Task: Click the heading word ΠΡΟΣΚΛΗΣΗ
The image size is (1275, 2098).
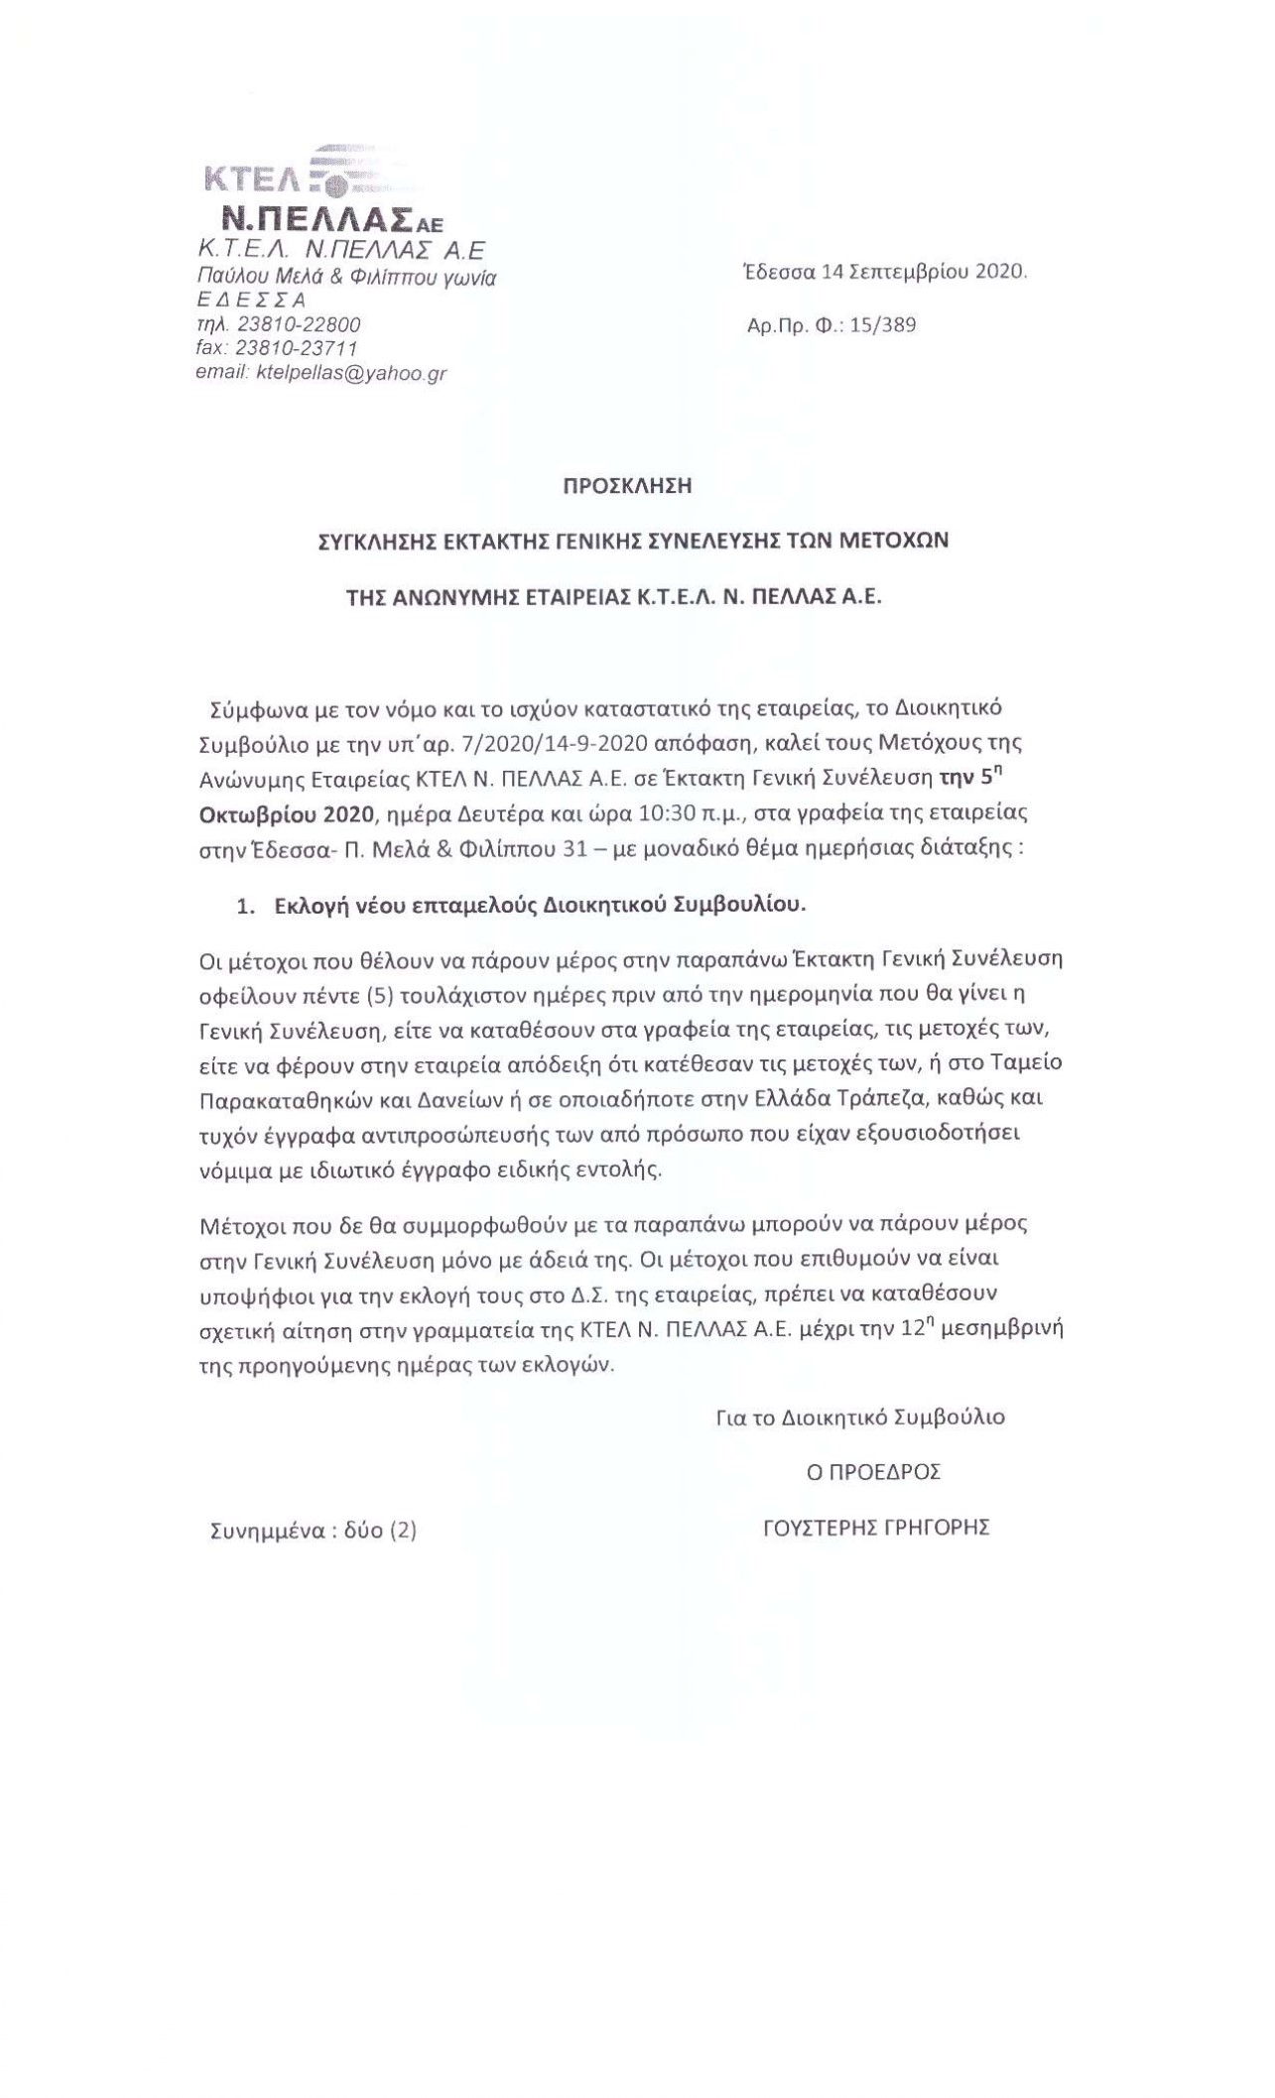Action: pyautogui.click(x=626, y=486)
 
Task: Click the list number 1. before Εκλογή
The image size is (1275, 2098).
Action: pyautogui.click(x=244, y=905)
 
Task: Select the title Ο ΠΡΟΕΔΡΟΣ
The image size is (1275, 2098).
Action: pyautogui.click(x=873, y=1472)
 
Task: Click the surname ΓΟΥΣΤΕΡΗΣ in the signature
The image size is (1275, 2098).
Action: pyautogui.click(x=817, y=1528)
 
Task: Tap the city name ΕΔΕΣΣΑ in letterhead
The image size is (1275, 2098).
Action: pyautogui.click(x=252, y=301)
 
